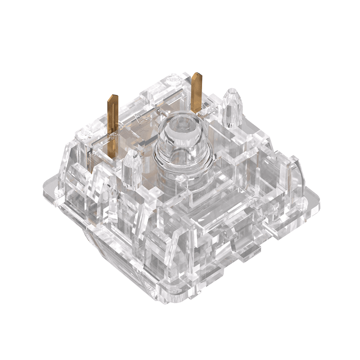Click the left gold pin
(112, 112)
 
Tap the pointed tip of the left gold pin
(113, 96)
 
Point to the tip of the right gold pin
(197, 74)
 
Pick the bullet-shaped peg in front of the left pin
(131, 169)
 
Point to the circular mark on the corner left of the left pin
(81, 133)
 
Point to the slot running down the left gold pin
(113, 115)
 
